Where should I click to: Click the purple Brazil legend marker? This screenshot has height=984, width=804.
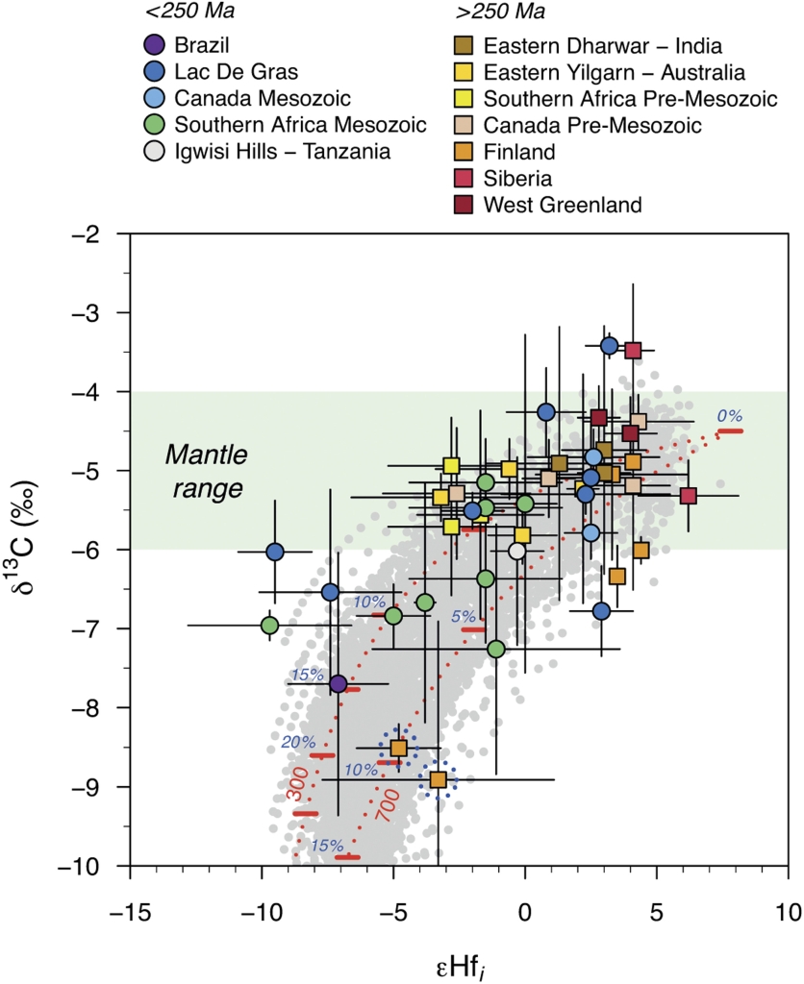click(153, 44)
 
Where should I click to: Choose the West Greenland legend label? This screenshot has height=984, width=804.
click(562, 204)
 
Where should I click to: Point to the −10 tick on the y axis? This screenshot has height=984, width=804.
click(88, 866)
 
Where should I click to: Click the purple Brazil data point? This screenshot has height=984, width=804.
click(338, 684)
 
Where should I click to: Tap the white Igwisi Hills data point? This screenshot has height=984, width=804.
click(516, 551)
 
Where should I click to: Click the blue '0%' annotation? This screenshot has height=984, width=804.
click(729, 416)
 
